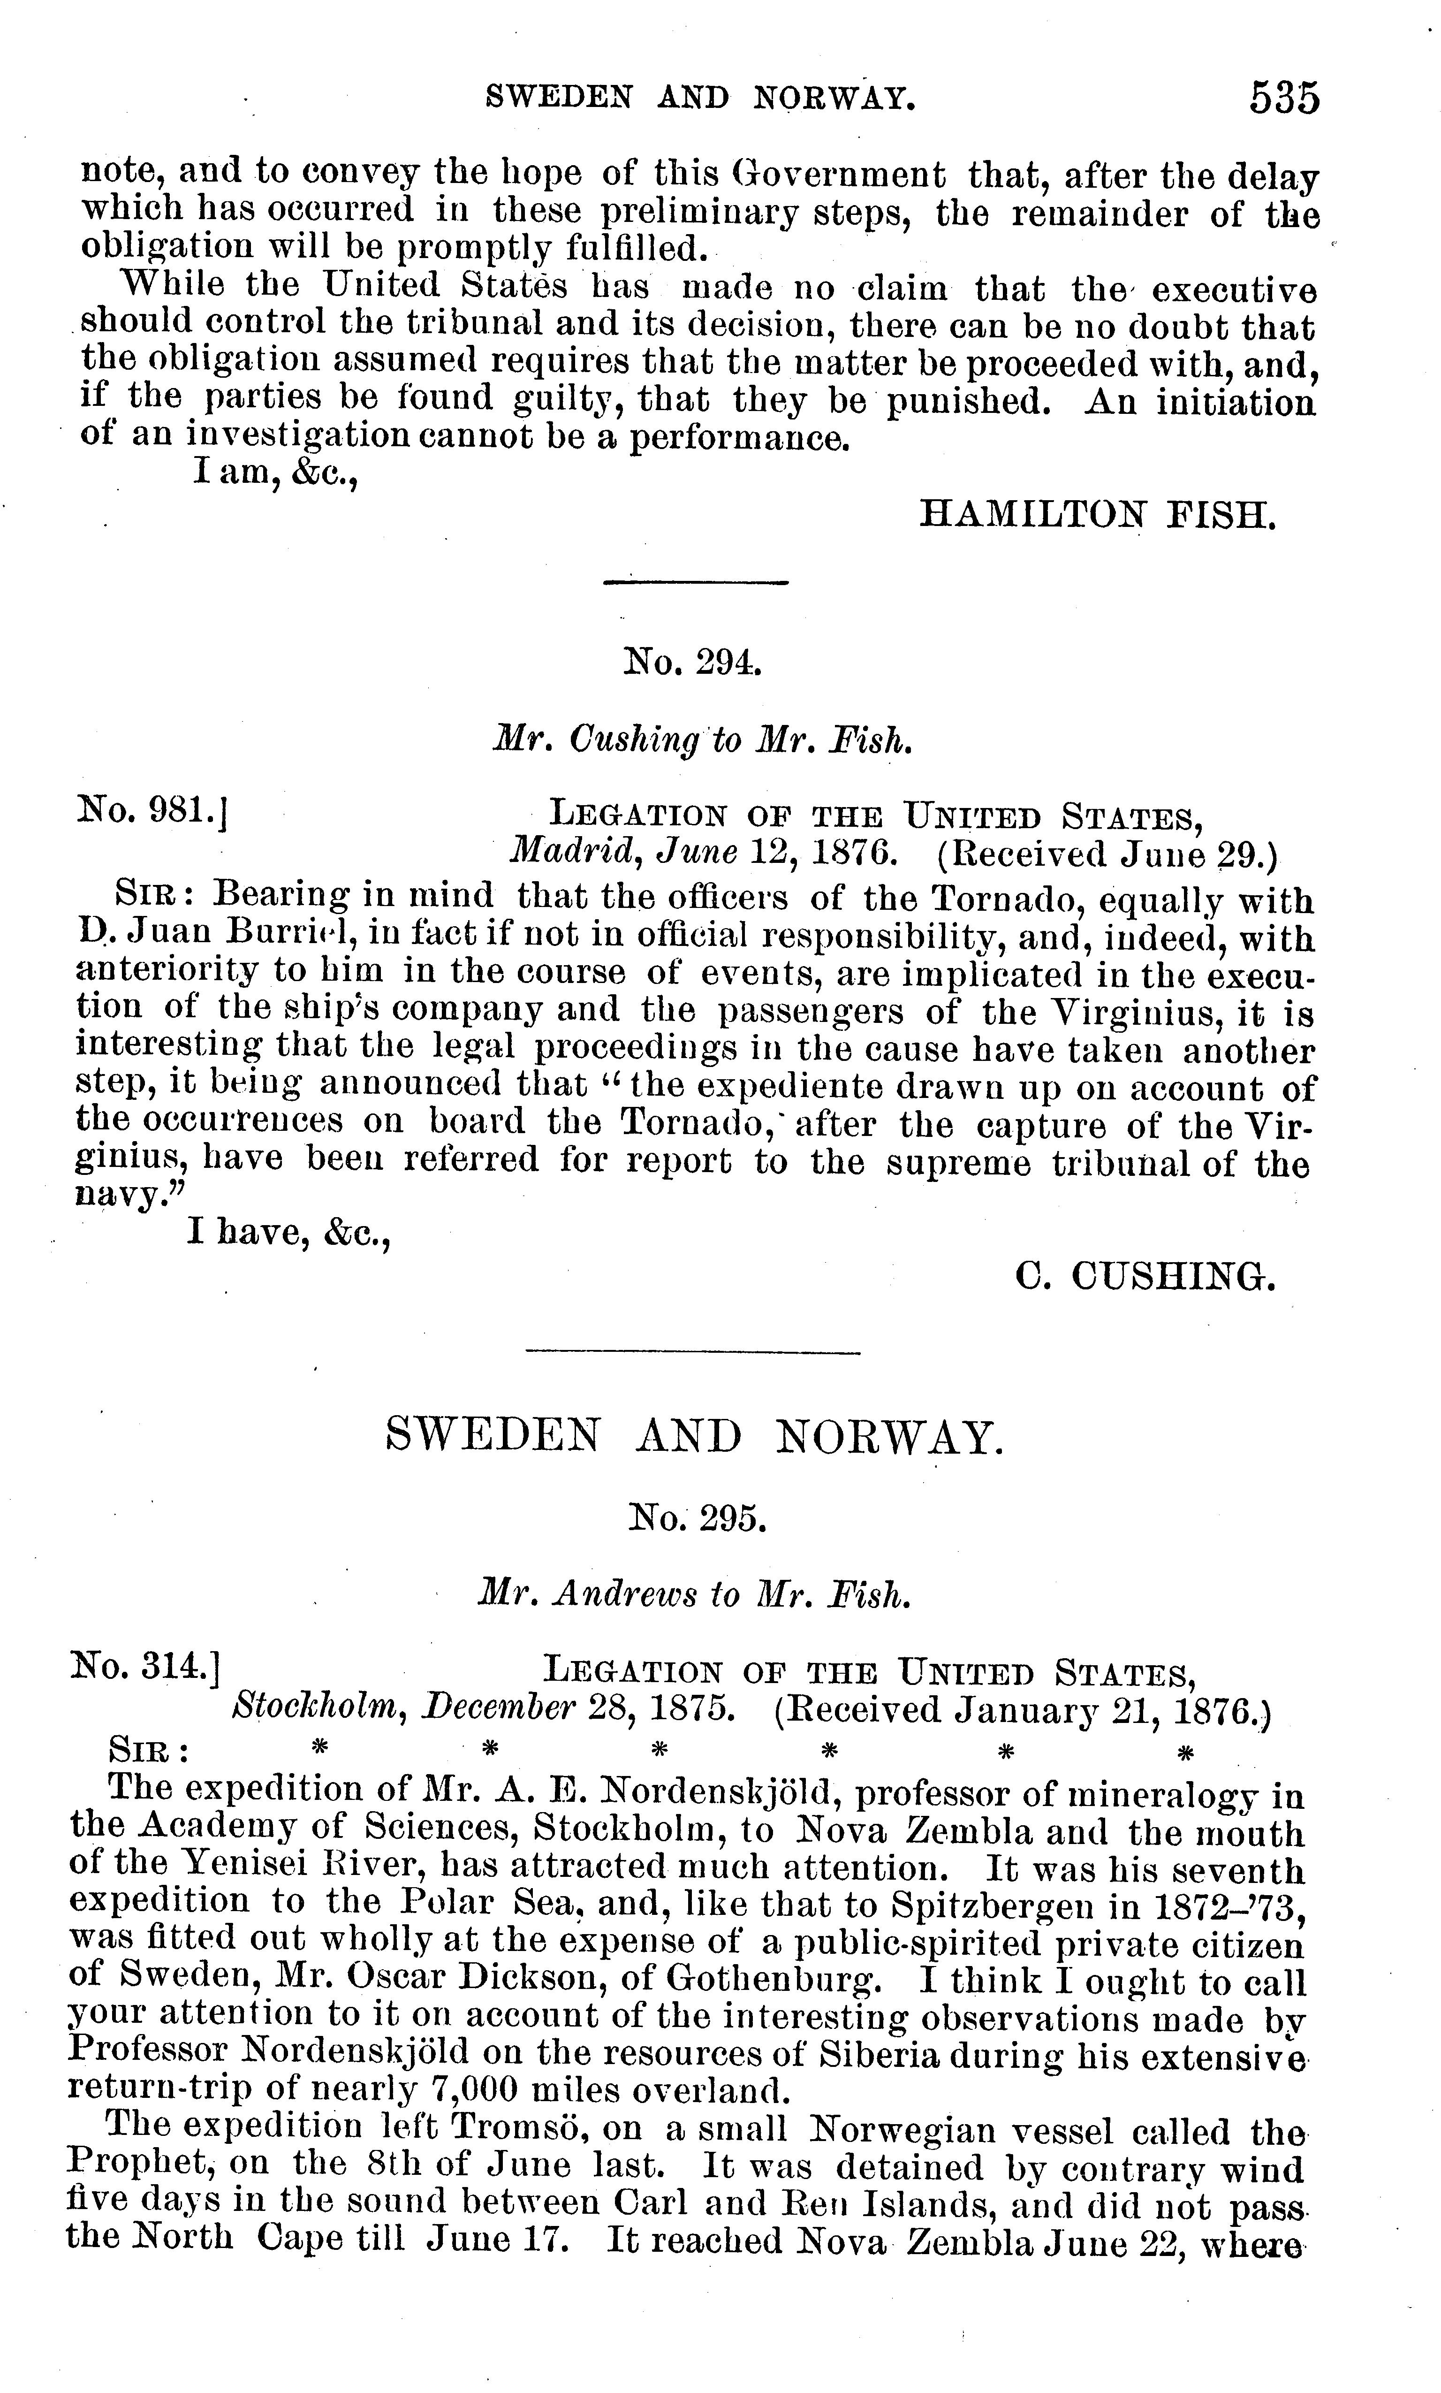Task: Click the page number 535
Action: pyautogui.click(x=1284, y=99)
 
